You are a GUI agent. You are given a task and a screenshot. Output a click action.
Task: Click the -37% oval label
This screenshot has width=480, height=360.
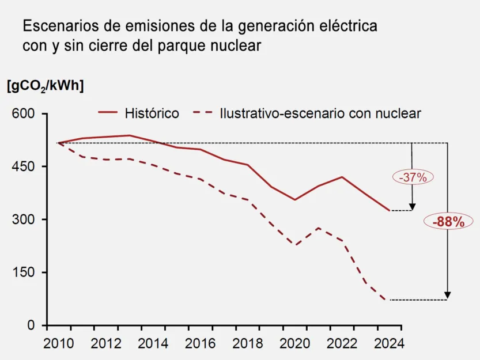click(412, 177)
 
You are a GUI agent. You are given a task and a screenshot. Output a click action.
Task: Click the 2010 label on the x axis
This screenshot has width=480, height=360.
click(58, 344)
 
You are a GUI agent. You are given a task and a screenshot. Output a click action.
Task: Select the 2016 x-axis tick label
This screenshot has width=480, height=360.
click(200, 344)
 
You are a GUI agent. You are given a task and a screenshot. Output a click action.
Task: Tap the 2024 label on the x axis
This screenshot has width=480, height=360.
click(389, 344)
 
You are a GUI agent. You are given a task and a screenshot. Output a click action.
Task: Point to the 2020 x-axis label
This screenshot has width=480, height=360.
click(294, 344)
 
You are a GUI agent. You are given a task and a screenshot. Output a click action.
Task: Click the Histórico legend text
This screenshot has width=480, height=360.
click(152, 113)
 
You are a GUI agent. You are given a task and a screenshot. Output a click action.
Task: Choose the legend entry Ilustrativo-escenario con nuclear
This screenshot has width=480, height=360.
click(320, 113)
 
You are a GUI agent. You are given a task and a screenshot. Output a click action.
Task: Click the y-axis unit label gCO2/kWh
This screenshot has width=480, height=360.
click(45, 86)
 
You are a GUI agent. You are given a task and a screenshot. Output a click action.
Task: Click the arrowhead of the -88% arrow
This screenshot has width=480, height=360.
click(448, 295)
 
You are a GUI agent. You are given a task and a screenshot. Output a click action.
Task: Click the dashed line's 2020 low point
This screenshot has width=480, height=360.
click(294, 245)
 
